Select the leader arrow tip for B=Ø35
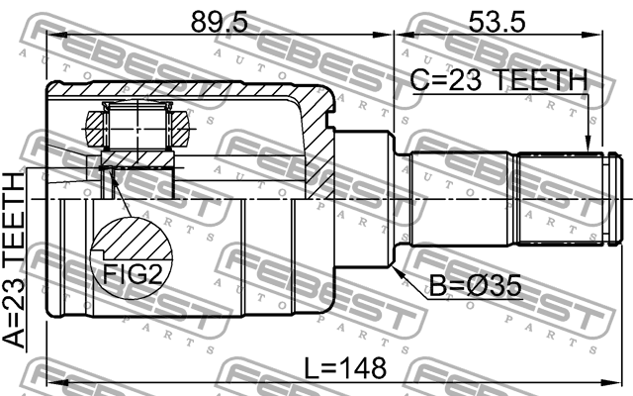(396, 266)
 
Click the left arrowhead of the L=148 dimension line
(52, 382)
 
